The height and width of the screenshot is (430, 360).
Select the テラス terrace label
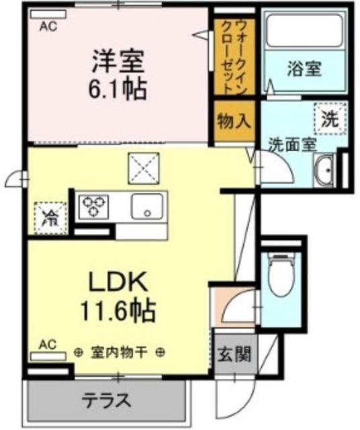click(x=105, y=401)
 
